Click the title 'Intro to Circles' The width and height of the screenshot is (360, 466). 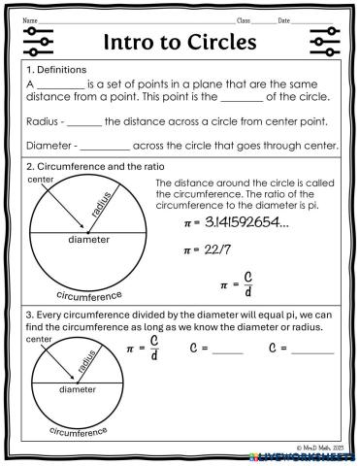click(180, 44)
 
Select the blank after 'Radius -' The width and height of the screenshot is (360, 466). click(84, 123)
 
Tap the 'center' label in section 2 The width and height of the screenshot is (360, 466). click(41, 181)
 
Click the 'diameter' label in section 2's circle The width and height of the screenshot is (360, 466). click(89, 239)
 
